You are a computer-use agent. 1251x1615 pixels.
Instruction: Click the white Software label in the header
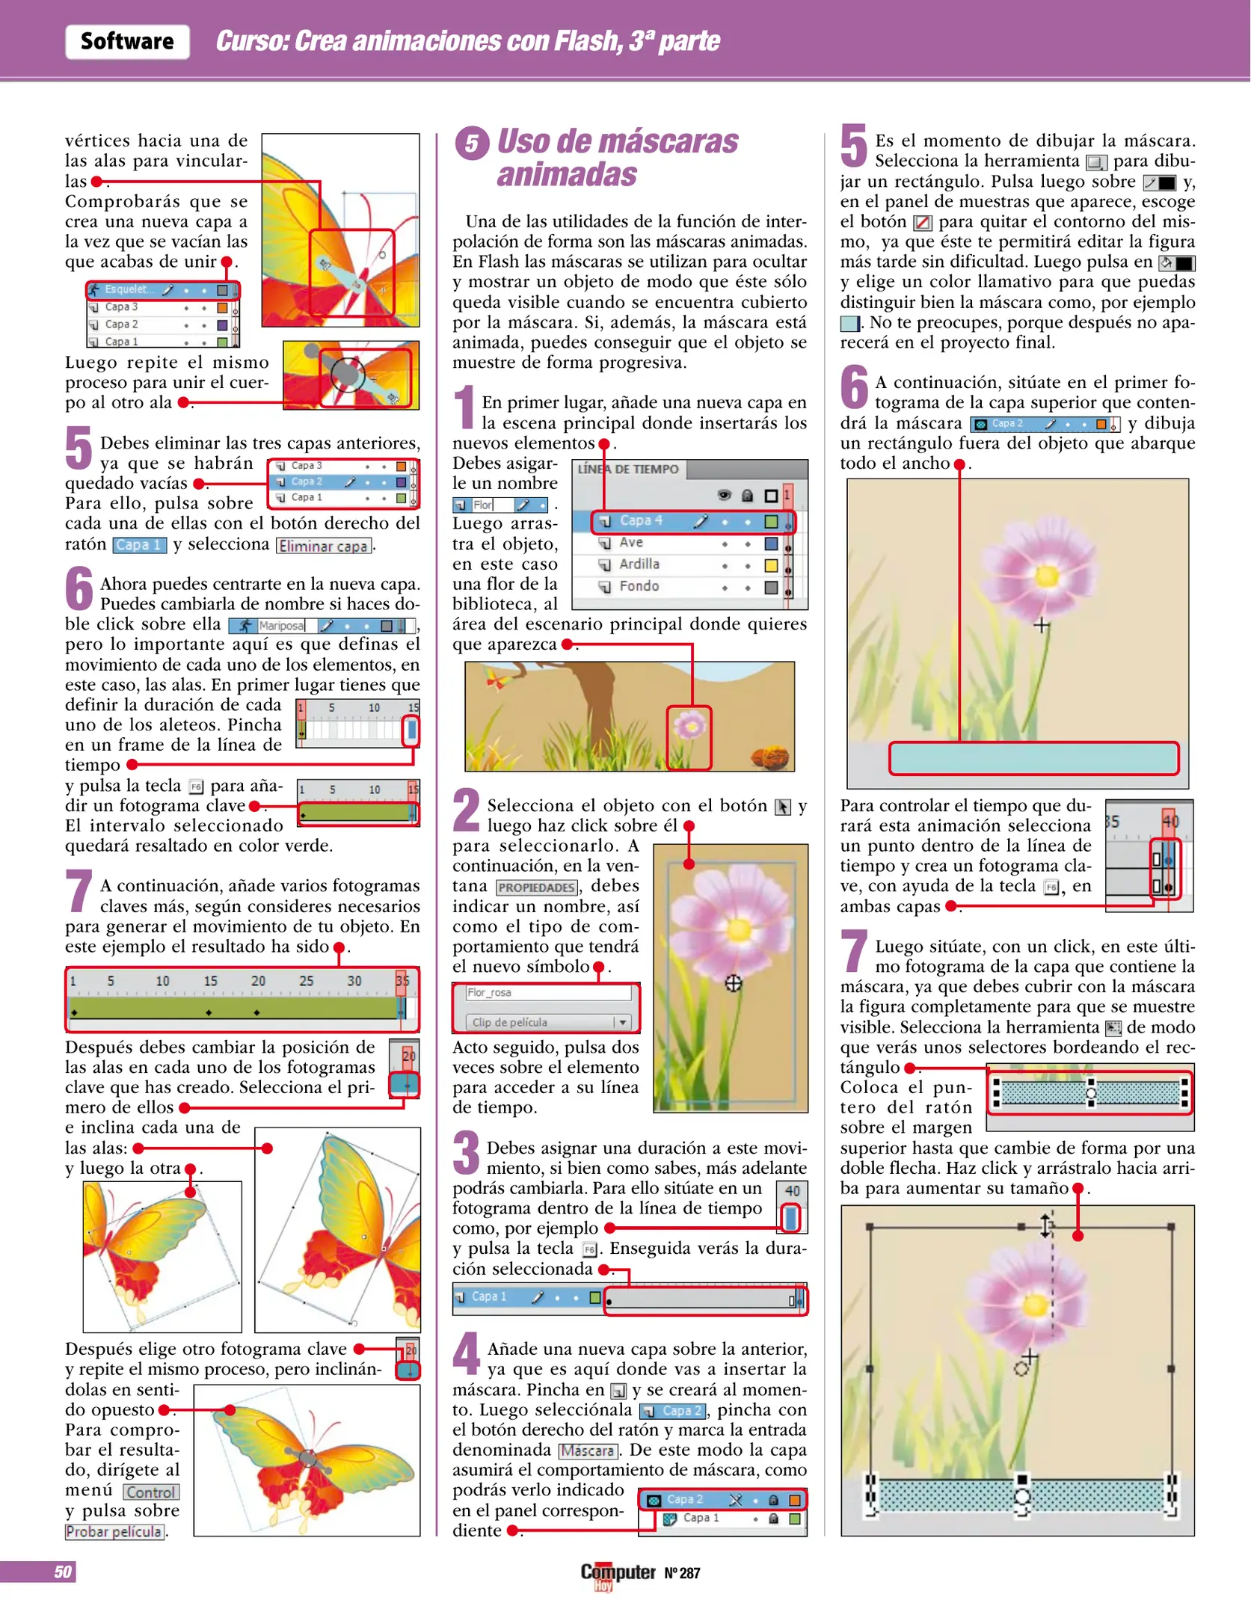click(x=127, y=42)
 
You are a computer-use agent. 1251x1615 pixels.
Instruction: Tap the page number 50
click(x=63, y=1572)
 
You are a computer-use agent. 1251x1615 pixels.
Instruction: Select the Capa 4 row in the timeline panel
click(x=692, y=521)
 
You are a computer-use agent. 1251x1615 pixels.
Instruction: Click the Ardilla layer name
click(x=639, y=565)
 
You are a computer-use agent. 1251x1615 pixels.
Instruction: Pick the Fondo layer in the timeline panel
click(x=639, y=586)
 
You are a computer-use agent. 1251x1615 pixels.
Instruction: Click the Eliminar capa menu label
click(x=323, y=546)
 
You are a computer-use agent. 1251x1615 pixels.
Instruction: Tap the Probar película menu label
click(x=114, y=1532)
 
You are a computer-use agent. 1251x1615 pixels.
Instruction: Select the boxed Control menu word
click(x=151, y=1492)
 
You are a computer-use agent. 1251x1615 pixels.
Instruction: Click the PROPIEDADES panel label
click(x=537, y=888)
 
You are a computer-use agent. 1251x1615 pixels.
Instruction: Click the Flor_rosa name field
click(x=547, y=993)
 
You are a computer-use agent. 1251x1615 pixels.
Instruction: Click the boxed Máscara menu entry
click(x=588, y=1451)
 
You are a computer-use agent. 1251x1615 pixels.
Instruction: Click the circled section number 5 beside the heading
click(x=472, y=143)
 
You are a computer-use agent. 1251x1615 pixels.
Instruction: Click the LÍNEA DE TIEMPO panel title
click(x=628, y=469)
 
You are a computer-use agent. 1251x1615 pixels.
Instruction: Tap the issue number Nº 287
click(x=682, y=1573)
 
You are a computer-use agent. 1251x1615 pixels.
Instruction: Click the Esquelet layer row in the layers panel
click(x=162, y=289)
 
